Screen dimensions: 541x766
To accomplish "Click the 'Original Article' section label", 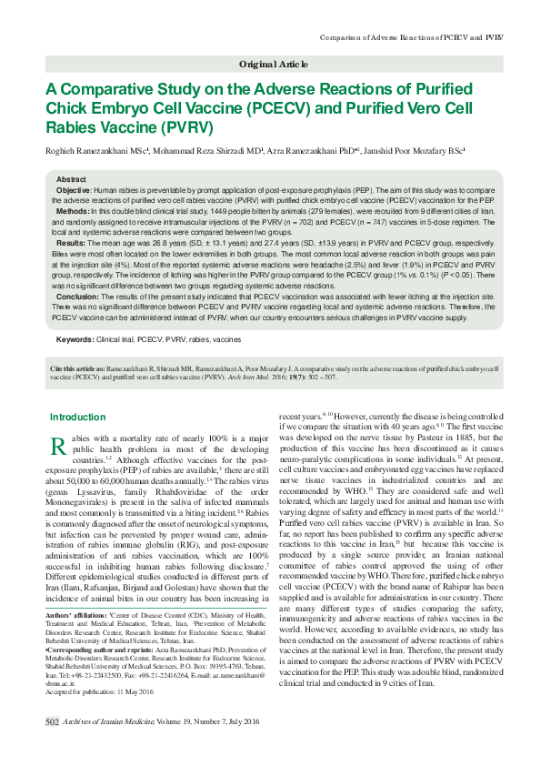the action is point(274,65).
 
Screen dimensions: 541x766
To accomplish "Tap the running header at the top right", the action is point(413,36).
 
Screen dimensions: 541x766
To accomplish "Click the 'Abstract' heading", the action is point(71,179).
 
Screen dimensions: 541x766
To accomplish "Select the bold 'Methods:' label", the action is point(74,209).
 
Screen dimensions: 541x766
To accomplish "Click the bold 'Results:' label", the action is point(72,244).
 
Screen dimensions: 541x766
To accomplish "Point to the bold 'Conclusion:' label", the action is point(78,297).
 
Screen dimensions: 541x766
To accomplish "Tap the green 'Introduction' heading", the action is point(77,418).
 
